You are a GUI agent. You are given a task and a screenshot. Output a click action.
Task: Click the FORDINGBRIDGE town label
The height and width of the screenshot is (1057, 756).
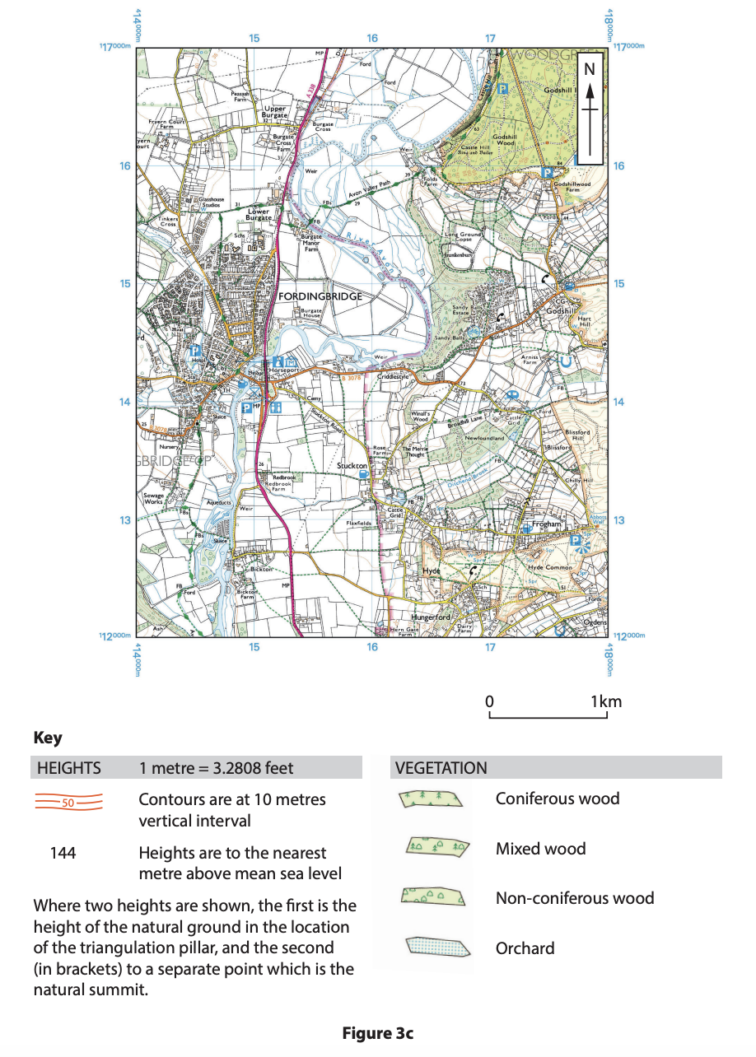(x=320, y=296)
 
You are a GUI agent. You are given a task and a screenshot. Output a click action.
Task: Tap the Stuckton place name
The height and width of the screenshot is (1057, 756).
(x=352, y=466)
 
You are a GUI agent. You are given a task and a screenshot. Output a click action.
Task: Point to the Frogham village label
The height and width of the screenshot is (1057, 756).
(x=546, y=524)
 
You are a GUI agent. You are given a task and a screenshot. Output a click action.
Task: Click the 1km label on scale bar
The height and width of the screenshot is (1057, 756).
(x=606, y=702)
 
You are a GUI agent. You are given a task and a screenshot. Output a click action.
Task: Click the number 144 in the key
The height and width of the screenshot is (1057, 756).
(x=63, y=853)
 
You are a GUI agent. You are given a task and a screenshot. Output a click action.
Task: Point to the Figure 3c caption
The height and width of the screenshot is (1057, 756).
(x=377, y=1033)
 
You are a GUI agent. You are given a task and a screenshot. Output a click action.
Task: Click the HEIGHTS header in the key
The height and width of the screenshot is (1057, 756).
(x=69, y=768)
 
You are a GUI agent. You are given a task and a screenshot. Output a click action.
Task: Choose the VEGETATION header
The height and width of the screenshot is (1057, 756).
(x=441, y=768)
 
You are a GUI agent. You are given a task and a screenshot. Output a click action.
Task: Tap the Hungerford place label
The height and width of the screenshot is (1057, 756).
(x=432, y=617)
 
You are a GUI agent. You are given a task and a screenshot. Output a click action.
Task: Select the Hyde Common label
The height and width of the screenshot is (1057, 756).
(x=548, y=569)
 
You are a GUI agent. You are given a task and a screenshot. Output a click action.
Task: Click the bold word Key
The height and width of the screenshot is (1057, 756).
(x=48, y=738)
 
